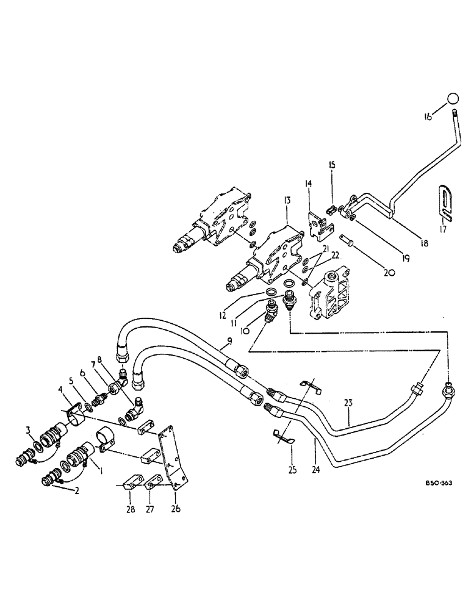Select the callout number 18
422,242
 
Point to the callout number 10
245,331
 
